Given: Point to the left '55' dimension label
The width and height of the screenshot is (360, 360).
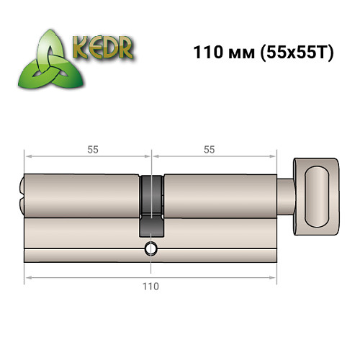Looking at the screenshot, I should coord(93,150).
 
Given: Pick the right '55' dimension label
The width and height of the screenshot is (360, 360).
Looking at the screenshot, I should coord(210,150).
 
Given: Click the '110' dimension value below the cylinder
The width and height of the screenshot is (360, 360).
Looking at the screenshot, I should coord(150,286).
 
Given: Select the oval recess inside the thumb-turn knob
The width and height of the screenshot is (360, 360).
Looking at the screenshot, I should coord(317,195).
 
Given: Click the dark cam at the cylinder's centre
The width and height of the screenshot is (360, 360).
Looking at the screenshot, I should coord(150,205).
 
